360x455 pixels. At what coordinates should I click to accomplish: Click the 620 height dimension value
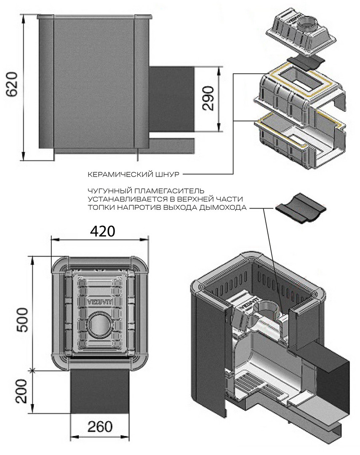click(x=12, y=84)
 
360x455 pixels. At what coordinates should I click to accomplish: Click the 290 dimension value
click(x=208, y=98)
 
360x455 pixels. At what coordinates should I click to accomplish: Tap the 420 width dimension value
click(x=102, y=231)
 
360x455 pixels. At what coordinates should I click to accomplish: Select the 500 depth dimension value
click(x=22, y=320)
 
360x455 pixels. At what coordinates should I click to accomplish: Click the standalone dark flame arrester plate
click(x=301, y=209)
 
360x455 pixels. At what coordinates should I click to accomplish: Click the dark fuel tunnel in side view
click(x=171, y=99)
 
